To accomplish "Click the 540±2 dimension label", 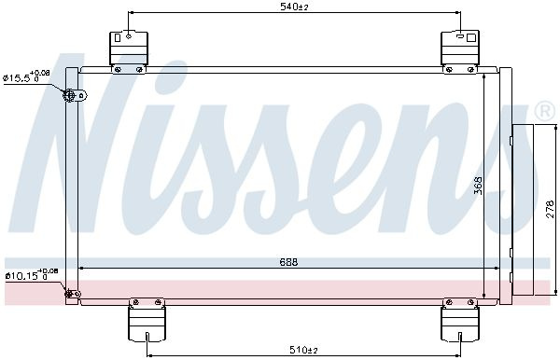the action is tap(294, 7).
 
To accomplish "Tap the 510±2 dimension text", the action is tap(303, 350).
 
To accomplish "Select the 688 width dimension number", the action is tap(288, 262).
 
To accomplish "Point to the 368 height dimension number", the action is tap(479, 186).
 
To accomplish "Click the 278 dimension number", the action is tap(551, 209).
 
